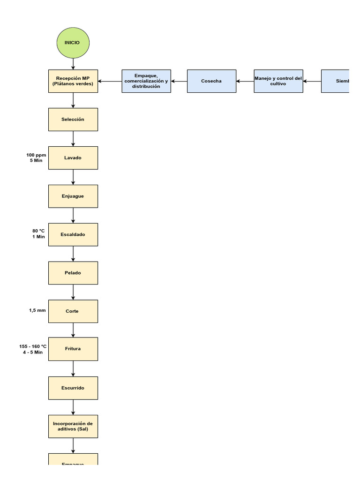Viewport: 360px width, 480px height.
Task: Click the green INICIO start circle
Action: pos(73,43)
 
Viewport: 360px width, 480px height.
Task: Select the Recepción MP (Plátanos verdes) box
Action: pos(73,81)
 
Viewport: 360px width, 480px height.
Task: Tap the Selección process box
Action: pos(73,120)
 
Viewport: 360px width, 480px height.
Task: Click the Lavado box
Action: pos(73,158)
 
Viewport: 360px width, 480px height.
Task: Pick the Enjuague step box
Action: pos(73,196)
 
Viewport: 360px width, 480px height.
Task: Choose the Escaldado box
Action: pos(73,234)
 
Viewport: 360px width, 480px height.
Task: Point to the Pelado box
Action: pos(73,273)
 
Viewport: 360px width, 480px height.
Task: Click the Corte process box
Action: pos(73,311)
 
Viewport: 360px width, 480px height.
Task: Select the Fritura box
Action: pos(73,349)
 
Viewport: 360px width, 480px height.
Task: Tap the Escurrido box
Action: pos(73,388)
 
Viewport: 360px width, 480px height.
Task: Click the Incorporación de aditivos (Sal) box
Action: pos(73,426)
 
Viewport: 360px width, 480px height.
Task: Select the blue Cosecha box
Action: pos(211,81)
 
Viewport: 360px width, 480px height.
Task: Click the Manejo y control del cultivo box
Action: pos(278,81)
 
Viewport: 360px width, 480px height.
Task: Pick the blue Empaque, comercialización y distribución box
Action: pos(146,81)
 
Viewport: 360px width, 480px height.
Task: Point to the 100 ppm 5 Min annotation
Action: pos(36,157)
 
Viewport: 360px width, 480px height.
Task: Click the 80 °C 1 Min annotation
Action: pos(38,234)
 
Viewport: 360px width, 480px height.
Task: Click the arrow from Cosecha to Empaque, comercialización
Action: pos(179,81)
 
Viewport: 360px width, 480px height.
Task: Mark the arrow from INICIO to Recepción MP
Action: pos(73,64)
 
